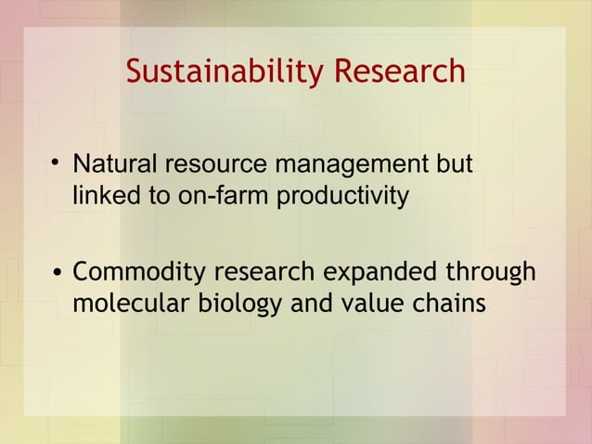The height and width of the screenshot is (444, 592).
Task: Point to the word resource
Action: pos(212,167)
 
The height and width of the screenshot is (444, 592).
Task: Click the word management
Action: pos(351,167)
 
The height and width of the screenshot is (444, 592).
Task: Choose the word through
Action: pos(493,274)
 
